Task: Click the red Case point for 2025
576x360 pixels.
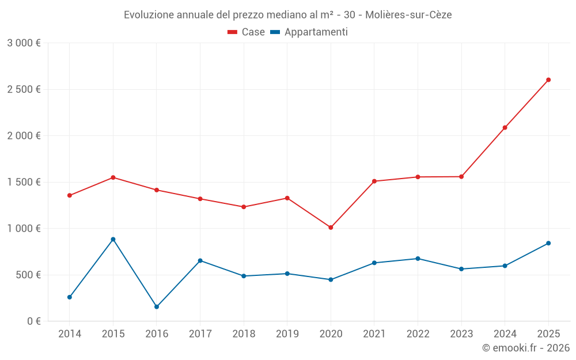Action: [548, 80]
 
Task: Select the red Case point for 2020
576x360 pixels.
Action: [331, 228]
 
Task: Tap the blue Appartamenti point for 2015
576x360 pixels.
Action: [113, 239]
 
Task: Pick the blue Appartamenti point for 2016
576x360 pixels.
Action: [157, 307]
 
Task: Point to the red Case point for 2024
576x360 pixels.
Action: [505, 127]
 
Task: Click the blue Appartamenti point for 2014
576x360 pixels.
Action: [70, 297]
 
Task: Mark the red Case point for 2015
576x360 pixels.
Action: [113, 177]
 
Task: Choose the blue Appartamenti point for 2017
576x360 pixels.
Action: [200, 260]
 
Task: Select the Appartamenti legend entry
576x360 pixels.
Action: [309, 32]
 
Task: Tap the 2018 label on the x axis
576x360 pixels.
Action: [244, 334]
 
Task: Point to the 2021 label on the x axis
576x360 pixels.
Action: [374, 334]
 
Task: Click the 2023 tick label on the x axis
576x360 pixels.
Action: [461, 334]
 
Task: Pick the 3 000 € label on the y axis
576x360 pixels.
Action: [24, 43]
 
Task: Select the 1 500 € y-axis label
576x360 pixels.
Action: [24, 182]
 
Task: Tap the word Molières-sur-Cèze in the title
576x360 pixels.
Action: [408, 15]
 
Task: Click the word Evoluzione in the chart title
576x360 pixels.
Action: [147, 15]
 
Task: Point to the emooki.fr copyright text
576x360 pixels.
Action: [526, 348]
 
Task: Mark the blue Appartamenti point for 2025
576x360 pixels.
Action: [548, 243]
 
